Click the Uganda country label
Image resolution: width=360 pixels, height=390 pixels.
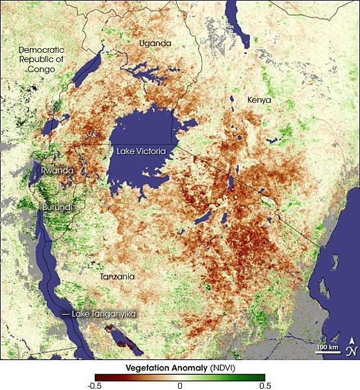(x=155, y=44)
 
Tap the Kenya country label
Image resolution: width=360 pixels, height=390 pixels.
(x=259, y=100)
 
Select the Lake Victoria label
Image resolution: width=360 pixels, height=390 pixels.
(x=142, y=151)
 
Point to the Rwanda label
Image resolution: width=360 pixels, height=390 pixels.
(x=57, y=171)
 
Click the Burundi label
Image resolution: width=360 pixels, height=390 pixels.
(x=58, y=207)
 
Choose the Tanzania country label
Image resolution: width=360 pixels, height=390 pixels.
(x=117, y=277)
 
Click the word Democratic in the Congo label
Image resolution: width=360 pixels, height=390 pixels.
(x=42, y=49)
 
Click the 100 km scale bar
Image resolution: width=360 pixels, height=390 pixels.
(x=326, y=349)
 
